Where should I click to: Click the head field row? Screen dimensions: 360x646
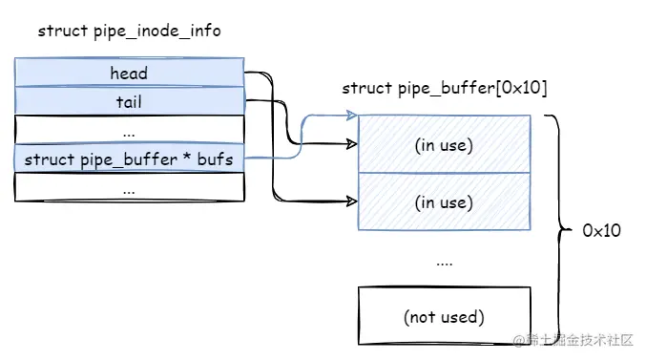pyautogui.click(x=129, y=73)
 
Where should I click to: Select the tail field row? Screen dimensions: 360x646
pyautogui.click(x=129, y=100)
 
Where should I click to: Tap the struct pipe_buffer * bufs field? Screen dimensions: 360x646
pyautogui.click(x=129, y=159)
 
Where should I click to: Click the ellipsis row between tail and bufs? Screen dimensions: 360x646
pyautogui.click(x=129, y=130)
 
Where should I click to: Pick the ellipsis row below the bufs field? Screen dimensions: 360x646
pyautogui.click(x=129, y=188)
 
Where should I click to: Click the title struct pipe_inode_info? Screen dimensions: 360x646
pyautogui.click(x=129, y=31)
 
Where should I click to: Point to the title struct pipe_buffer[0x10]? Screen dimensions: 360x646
pyautogui.click(x=444, y=89)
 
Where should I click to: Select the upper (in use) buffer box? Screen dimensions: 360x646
pyautogui.click(x=444, y=144)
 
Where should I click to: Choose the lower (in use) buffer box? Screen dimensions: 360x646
pyautogui.click(x=444, y=201)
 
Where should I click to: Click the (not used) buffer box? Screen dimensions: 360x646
pyautogui.click(x=444, y=316)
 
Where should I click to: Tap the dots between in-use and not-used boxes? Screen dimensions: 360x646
pyautogui.click(x=444, y=260)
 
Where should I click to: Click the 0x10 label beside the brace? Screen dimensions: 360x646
pyautogui.click(x=602, y=231)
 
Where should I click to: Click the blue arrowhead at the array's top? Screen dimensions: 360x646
pyautogui.click(x=352, y=116)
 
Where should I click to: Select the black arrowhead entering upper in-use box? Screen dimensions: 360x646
pyautogui.click(x=352, y=145)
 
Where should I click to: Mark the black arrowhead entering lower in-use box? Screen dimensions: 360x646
pyautogui.click(x=352, y=202)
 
